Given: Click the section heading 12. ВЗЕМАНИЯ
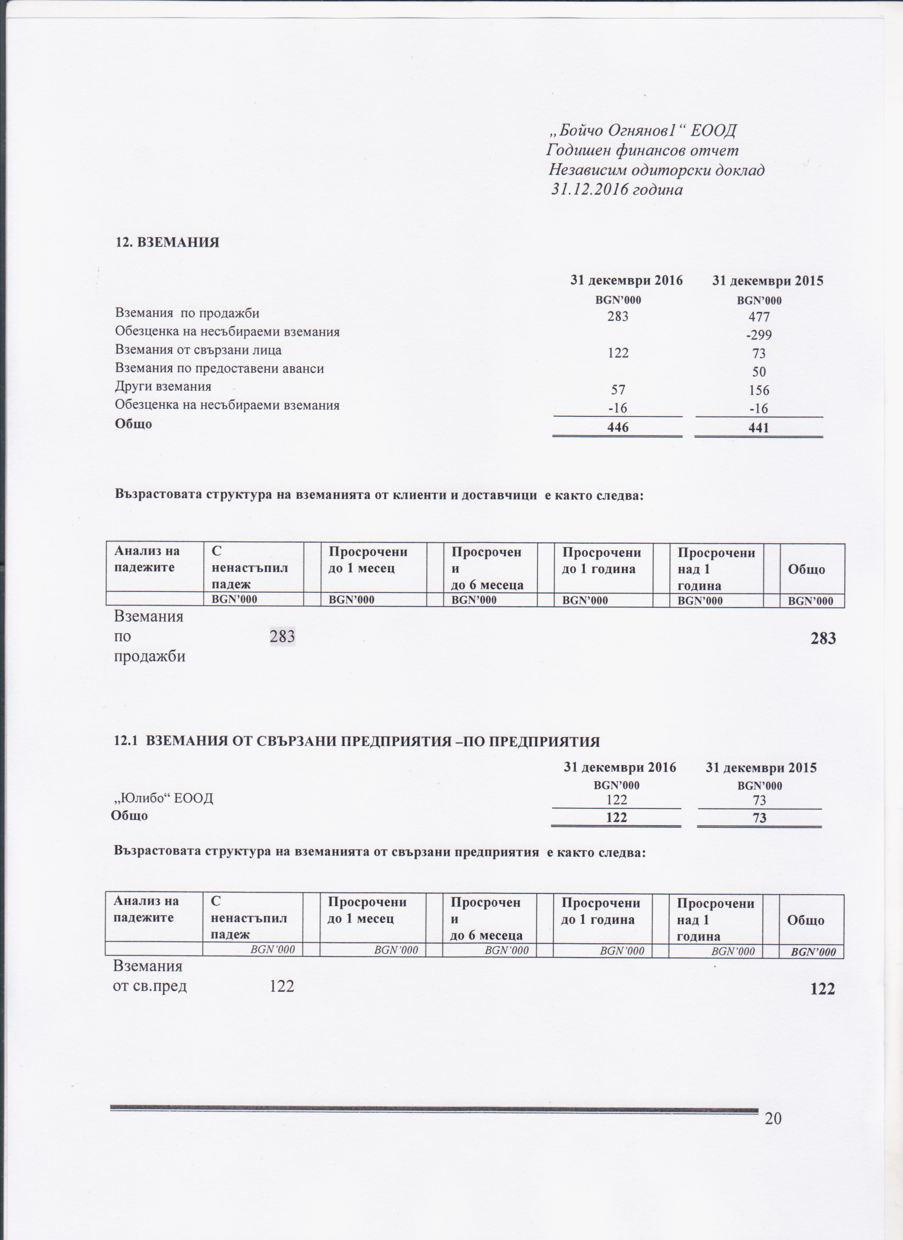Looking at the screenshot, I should coord(167,243).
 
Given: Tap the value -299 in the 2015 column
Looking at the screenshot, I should coord(759,335).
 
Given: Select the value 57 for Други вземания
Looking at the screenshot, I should coord(618,390).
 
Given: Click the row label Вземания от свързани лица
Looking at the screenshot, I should coord(198,350).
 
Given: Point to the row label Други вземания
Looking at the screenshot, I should coord(163,386).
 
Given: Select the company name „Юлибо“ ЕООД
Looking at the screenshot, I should coord(163,798).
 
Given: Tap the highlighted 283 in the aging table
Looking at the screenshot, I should coord(283,636).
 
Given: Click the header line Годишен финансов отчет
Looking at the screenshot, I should coord(643,151).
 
